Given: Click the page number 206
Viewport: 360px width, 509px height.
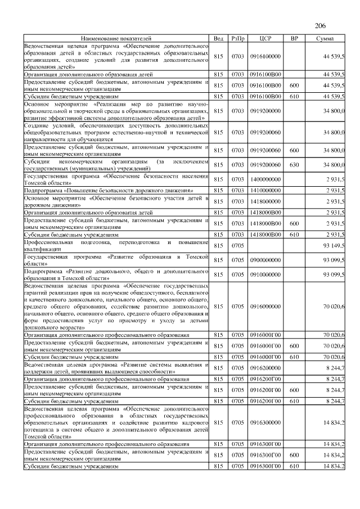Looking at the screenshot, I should [x=320, y=26].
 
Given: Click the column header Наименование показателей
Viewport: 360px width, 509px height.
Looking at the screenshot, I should [x=116, y=38].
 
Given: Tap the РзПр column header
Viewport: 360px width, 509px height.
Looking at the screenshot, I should [x=237, y=38].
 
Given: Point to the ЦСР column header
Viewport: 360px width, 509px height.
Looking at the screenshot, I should [x=265, y=38].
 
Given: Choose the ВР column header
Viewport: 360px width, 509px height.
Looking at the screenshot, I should [x=294, y=38].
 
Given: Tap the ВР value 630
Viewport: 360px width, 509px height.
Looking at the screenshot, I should [x=294, y=165].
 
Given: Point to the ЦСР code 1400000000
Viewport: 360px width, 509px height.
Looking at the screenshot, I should [x=265, y=179].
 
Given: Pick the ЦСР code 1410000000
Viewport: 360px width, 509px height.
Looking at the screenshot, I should [x=265, y=191].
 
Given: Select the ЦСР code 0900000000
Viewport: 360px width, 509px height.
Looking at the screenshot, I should [x=265, y=259].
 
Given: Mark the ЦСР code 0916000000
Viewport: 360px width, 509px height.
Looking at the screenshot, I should [x=265, y=307].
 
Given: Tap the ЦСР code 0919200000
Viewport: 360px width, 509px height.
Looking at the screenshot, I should [x=265, y=111].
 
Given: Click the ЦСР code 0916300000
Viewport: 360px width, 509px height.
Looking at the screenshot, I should [x=265, y=421].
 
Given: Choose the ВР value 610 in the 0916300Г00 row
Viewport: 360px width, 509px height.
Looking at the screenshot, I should [x=294, y=466].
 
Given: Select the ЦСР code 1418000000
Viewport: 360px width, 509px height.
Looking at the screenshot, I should [x=265, y=201].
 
